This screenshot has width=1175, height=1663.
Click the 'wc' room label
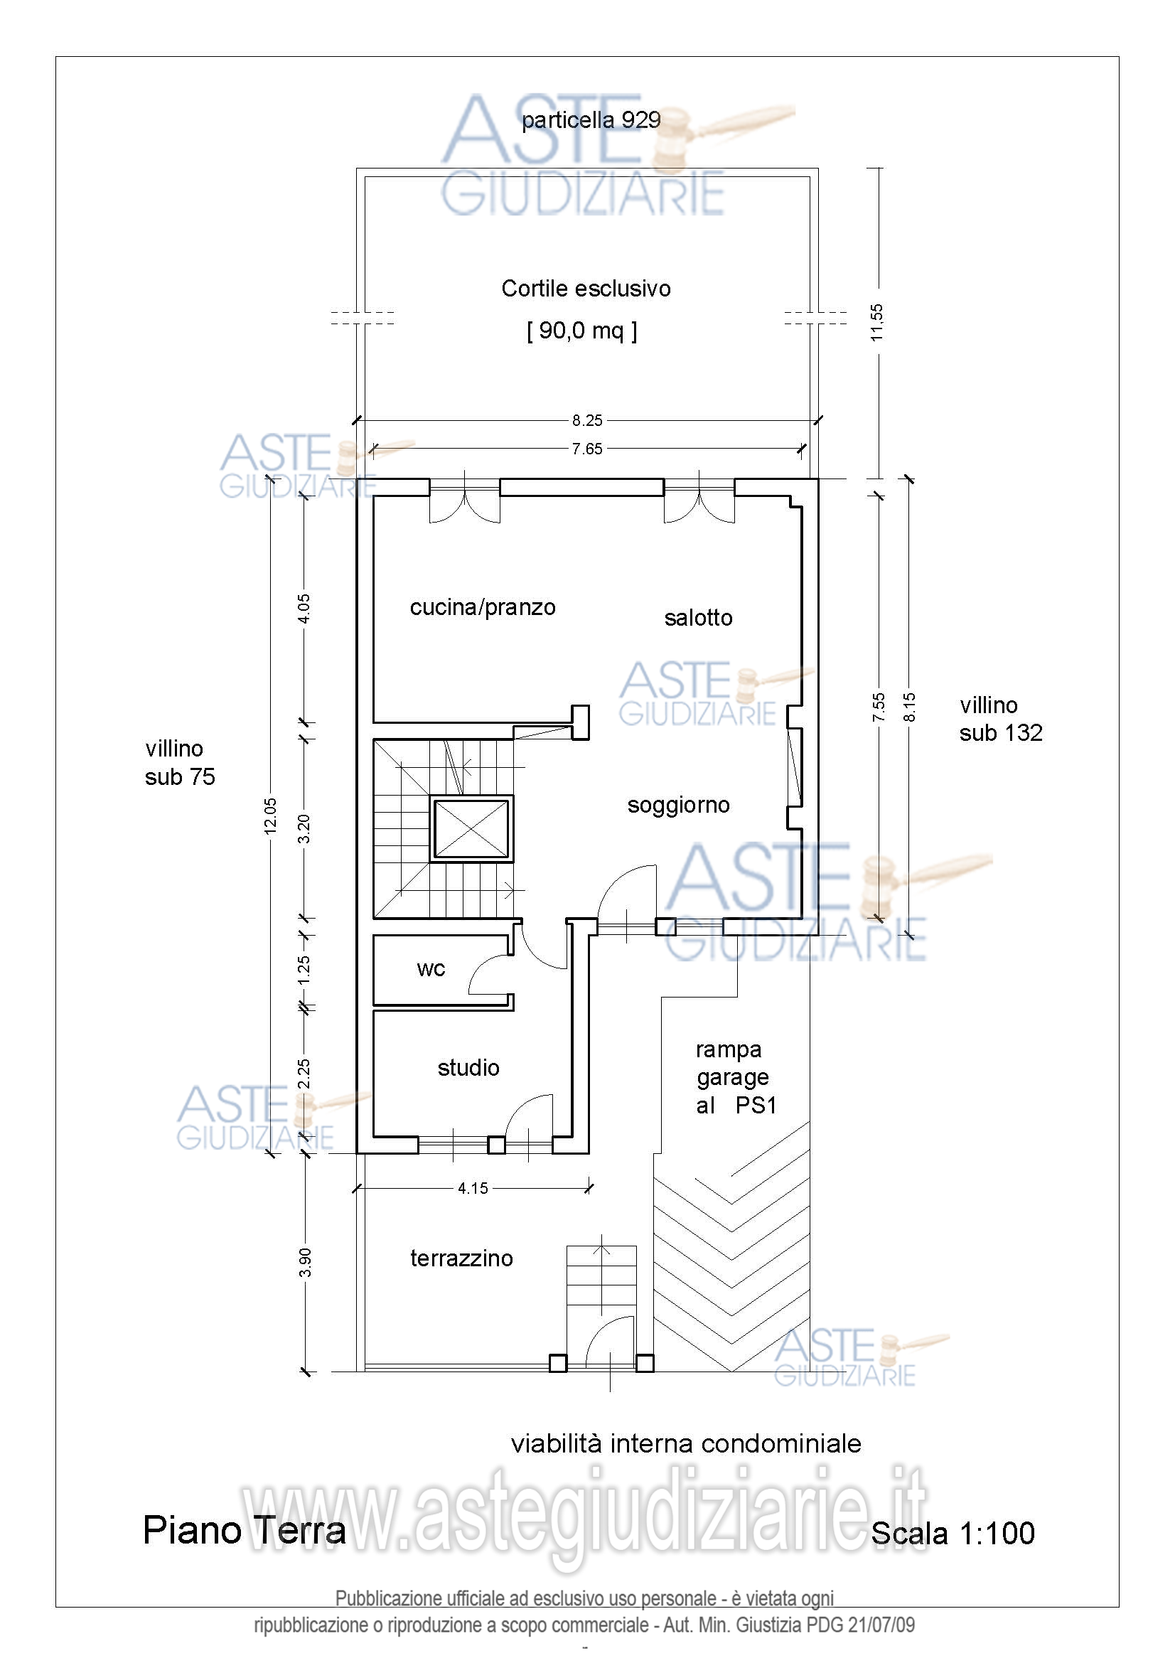(431, 969)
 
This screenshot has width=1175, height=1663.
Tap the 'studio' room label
(468, 1068)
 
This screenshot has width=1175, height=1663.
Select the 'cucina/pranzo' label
(483, 607)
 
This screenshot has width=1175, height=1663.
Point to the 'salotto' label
(699, 618)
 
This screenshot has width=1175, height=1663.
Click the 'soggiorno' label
(678, 806)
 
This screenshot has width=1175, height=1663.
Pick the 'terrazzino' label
(462, 1258)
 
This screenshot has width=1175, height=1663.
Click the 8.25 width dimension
(587, 420)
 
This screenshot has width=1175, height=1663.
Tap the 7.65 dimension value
(587, 449)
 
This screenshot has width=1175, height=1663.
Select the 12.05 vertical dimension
(270, 816)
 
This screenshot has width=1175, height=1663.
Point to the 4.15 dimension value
(473, 1189)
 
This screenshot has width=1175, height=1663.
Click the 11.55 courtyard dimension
(876, 322)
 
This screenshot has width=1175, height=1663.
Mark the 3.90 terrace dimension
(305, 1263)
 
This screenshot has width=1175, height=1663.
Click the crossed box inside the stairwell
(471, 828)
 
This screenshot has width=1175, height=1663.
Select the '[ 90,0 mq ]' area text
(582, 331)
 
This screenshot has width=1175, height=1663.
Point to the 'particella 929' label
(591, 120)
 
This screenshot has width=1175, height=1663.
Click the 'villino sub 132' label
(1002, 720)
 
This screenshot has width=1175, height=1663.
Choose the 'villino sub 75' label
(181, 763)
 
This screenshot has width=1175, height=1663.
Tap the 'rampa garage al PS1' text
(736, 1078)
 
